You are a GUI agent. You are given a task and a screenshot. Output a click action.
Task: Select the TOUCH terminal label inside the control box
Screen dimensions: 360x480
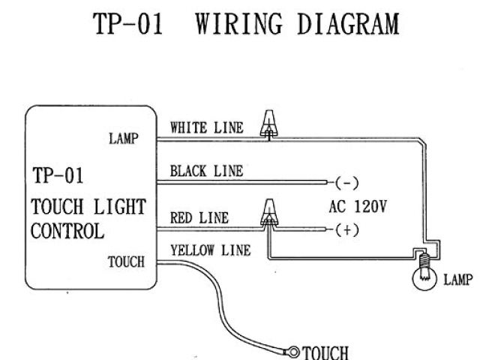[126, 262]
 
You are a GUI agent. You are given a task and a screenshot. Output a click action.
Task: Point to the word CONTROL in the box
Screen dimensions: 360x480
[67, 230]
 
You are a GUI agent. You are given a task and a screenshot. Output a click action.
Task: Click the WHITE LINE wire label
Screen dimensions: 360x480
[206, 127]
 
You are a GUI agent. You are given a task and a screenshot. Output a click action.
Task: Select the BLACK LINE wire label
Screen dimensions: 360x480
[206, 171]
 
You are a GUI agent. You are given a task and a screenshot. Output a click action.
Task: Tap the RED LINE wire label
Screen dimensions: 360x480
[199, 218]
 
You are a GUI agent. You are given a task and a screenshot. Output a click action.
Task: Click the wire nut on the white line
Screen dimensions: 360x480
[267, 124]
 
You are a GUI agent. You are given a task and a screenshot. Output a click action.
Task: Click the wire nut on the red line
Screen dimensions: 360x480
[266, 213]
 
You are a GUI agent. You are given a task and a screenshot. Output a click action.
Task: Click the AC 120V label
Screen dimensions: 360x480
[358, 206]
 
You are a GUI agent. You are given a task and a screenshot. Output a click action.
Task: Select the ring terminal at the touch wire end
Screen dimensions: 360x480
[293, 350]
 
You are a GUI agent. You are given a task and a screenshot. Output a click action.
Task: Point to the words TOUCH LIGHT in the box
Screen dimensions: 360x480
[88, 206]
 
